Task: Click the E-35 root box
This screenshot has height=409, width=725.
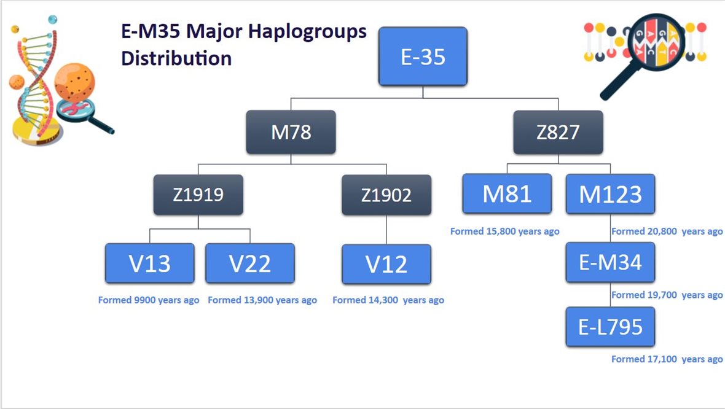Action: [423, 56]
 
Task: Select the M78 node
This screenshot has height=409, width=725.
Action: [291, 132]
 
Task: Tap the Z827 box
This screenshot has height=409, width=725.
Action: [558, 132]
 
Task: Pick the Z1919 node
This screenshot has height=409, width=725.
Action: [198, 195]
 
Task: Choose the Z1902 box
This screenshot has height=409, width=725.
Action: [386, 195]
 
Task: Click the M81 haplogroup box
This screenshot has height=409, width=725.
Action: [507, 193]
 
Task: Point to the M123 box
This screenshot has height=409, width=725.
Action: [610, 193]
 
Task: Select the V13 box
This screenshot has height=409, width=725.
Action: [150, 263]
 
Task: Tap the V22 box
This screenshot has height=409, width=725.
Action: [250, 263]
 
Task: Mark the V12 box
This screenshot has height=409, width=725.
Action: [386, 264]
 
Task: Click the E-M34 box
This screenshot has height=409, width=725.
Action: [610, 262]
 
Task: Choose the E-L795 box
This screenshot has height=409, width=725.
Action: [610, 327]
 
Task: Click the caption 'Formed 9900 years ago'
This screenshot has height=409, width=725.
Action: [149, 300]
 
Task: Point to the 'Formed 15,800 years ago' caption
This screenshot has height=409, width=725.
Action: [505, 231]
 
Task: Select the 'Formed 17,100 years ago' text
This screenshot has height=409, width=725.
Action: [667, 359]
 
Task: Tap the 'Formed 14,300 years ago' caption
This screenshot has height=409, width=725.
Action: [388, 300]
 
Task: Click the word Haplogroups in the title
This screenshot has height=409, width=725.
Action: [307, 32]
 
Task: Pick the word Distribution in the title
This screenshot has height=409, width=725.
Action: [176, 58]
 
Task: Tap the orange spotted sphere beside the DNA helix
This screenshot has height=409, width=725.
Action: [74, 83]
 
